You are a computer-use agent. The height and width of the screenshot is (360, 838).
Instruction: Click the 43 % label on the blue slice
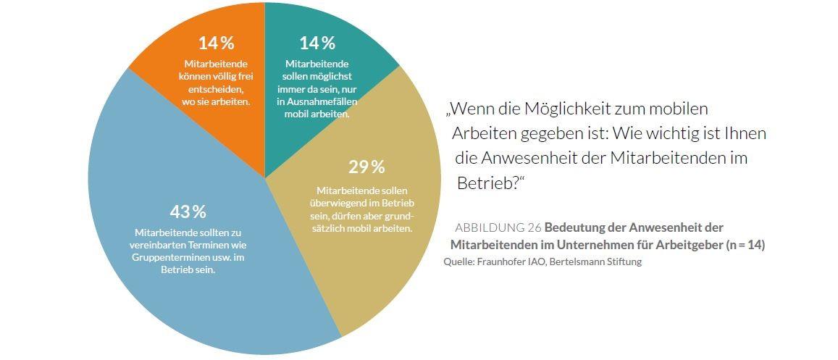point(188,212)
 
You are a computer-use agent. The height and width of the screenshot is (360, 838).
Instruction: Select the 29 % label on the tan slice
point(366,167)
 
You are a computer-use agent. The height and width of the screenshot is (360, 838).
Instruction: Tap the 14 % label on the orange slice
point(216,43)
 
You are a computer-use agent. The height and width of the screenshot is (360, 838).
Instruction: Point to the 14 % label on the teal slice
point(317,43)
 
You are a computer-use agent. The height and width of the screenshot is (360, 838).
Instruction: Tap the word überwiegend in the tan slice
point(339,203)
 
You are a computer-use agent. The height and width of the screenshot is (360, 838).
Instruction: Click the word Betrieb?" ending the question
point(490,182)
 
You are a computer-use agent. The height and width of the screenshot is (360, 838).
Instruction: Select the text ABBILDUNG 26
point(498,227)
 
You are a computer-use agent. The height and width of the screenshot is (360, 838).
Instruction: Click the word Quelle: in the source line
point(458,261)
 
